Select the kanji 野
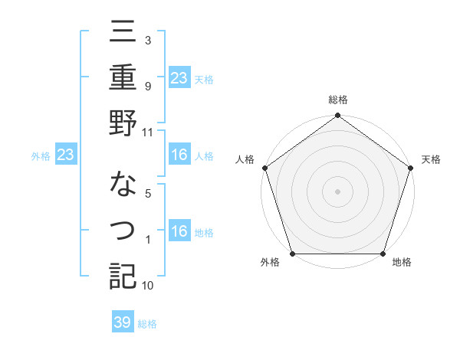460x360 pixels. [123, 123]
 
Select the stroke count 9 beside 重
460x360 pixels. [148, 87]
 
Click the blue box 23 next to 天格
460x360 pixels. [179, 77]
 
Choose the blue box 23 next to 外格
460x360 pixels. [65, 155]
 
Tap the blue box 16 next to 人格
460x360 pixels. [179, 155]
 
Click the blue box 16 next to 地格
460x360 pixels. [179, 232]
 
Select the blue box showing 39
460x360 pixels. [123, 322]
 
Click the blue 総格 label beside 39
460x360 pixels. [148, 324]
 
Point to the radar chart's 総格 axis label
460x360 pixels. [337, 100]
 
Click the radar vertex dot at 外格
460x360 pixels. [292, 254]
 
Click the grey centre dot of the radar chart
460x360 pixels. [337, 191]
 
